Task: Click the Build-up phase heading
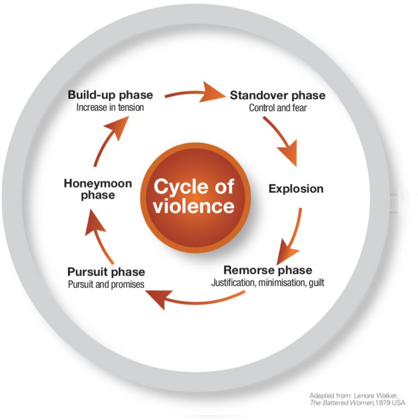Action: click(110, 95)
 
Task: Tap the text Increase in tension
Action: click(110, 108)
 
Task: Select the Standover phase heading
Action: click(278, 96)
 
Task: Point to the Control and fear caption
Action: click(278, 108)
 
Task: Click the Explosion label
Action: click(296, 189)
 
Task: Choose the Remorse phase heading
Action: click(268, 270)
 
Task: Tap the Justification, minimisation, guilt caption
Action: click(268, 283)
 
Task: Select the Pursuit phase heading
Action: click(106, 272)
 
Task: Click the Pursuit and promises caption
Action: click(106, 284)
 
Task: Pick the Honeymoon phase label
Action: click(98, 189)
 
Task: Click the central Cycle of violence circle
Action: click(193, 197)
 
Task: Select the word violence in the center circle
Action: click(194, 206)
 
